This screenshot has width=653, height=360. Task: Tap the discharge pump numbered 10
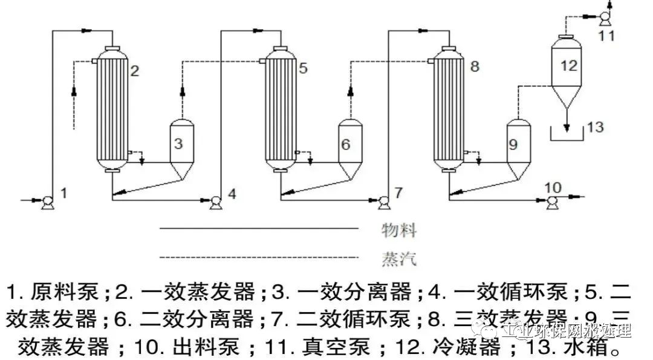click(x=551, y=204)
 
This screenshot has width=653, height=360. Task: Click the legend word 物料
click(x=399, y=230)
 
